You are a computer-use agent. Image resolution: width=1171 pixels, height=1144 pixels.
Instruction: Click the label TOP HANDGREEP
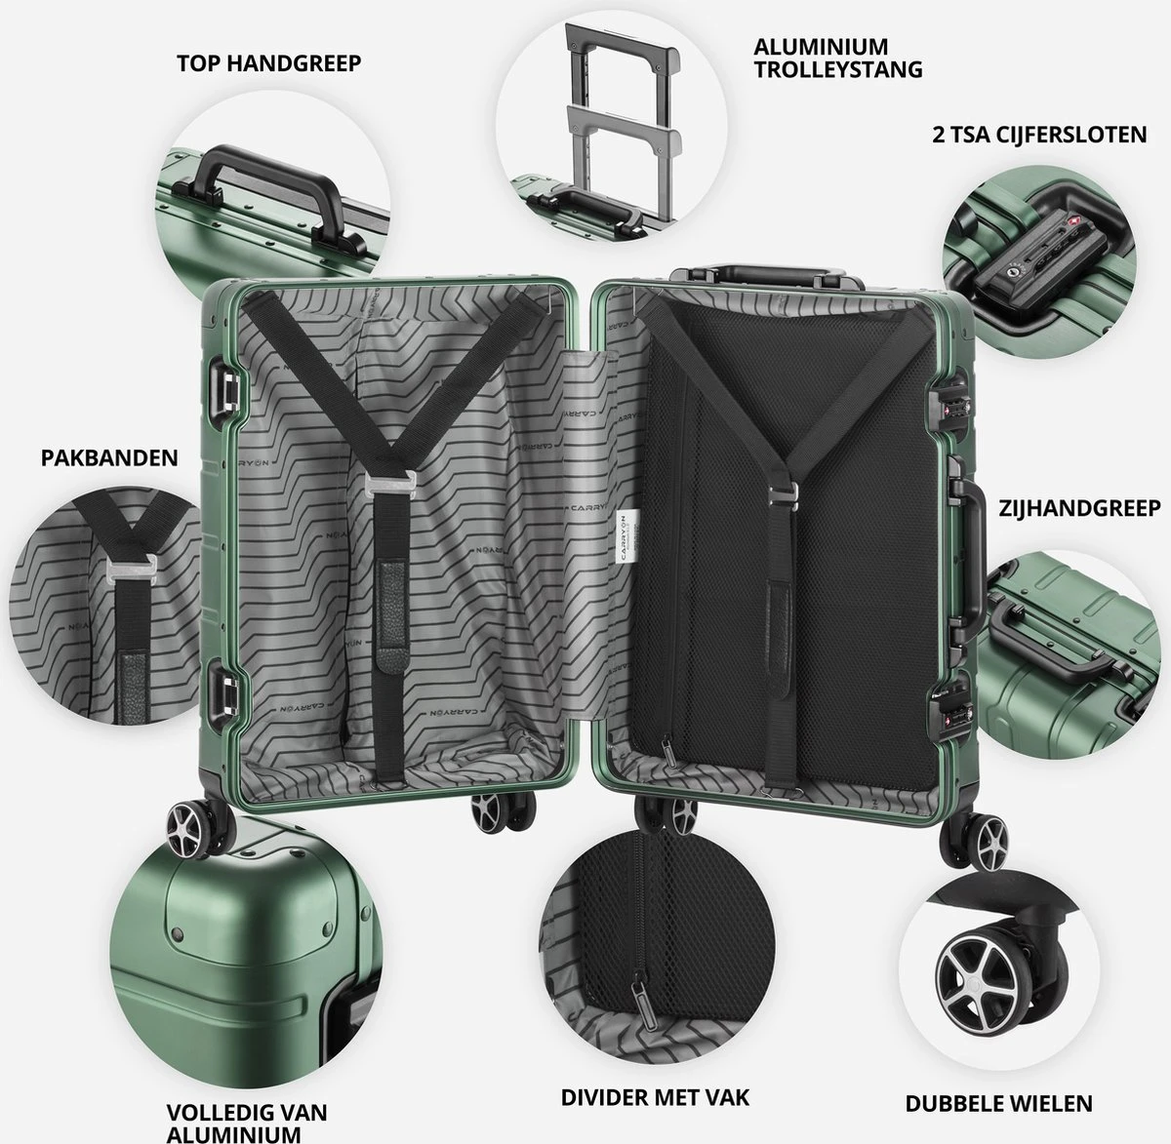pyautogui.click(x=268, y=63)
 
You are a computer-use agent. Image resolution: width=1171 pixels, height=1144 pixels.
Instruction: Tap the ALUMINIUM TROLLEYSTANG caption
pyautogui.click(x=837, y=58)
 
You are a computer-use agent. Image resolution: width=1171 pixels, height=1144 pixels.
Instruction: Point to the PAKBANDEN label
pyautogui.click(x=109, y=456)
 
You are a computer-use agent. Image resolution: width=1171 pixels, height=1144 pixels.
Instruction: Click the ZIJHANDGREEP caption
pyautogui.click(x=1079, y=508)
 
